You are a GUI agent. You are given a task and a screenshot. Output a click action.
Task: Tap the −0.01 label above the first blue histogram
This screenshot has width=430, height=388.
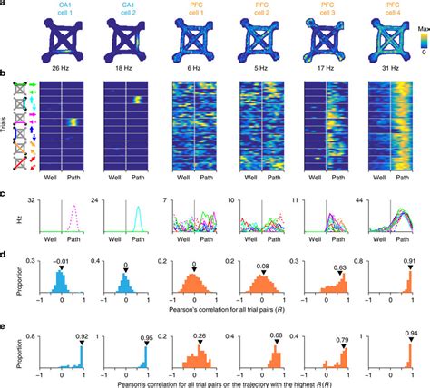(61, 262)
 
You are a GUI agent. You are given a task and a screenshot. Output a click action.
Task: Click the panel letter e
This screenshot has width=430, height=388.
(5, 318)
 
